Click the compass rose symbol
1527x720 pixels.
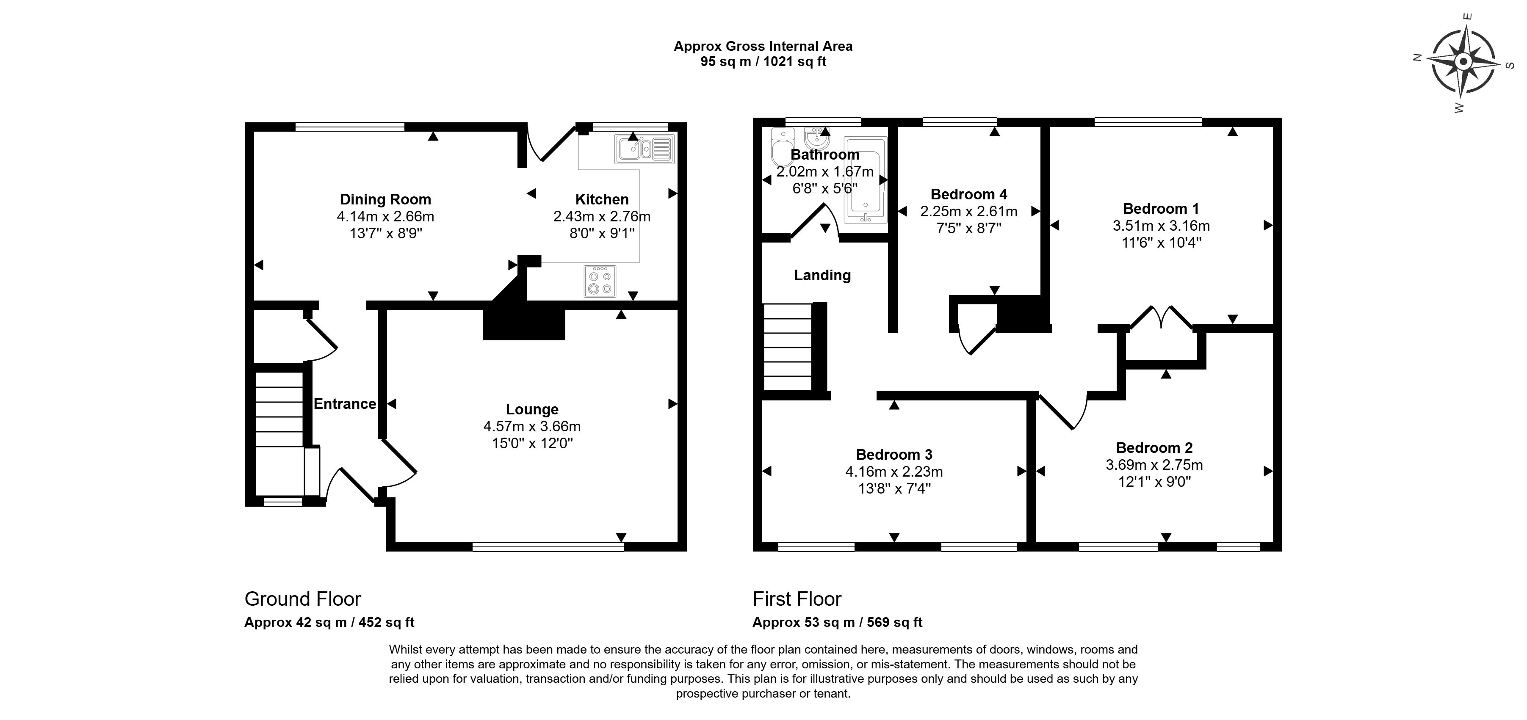1462,62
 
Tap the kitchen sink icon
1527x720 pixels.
645,149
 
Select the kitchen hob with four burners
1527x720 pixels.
600,281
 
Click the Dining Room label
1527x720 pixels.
385,200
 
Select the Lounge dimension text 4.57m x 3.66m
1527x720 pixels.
532,427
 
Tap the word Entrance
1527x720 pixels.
344,404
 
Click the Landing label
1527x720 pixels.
822,275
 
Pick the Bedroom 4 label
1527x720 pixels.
968,194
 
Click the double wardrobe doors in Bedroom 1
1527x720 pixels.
1161,318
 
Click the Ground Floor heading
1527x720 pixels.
302,599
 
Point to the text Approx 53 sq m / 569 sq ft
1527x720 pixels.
837,623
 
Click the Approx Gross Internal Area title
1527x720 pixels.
763,46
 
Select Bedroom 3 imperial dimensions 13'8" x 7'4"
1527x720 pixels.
894,489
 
